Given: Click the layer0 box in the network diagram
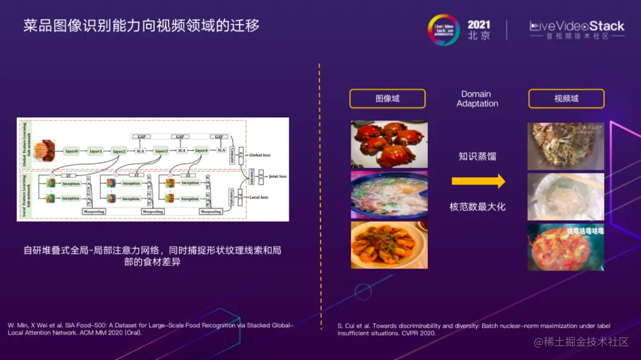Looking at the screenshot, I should pyautogui.click(x=72, y=151).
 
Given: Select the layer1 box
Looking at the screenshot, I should pyautogui.click(x=96, y=151).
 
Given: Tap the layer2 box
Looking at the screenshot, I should pyautogui.click(x=119, y=151).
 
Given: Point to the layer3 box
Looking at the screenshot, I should pyautogui.click(x=161, y=151).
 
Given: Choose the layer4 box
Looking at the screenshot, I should pyautogui.click(x=202, y=151).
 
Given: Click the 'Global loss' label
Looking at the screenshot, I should pyautogui.click(x=259, y=155).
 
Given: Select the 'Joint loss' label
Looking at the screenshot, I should pyautogui.click(x=277, y=176).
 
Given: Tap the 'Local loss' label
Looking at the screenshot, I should pyautogui.click(x=258, y=197).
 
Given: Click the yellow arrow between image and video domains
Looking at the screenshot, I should pyautogui.click(x=478, y=181).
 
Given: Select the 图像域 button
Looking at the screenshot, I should pyautogui.click(x=387, y=98).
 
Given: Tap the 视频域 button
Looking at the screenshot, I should pyautogui.click(x=566, y=98).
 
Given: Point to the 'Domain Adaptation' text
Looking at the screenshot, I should pyautogui.click(x=477, y=98).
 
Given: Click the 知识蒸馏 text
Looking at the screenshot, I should pyautogui.click(x=477, y=157).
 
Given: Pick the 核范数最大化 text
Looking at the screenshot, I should pyautogui.click(x=477, y=207).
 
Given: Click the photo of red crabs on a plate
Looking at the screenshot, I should pyautogui.click(x=389, y=144).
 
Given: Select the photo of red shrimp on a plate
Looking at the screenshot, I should pyautogui.click(x=389, y=244).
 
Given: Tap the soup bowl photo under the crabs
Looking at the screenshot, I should pyautogui.click(x=389, y=195).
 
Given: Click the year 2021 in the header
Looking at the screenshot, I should pyautogui.click(x=479, y=25).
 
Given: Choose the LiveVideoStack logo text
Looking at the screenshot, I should pyautogui.click(x=577, y=26).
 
